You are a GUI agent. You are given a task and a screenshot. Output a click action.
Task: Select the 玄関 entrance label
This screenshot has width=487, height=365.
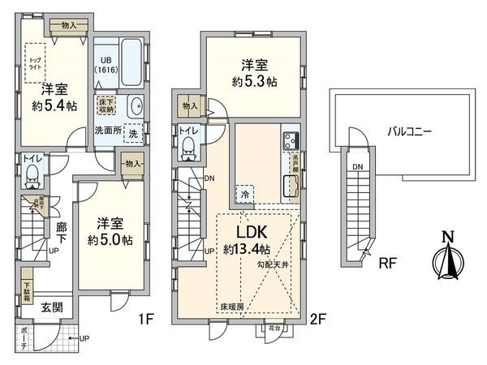point(52,308)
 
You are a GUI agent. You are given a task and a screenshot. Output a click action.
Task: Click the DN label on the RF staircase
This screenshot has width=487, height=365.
point(358,167)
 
